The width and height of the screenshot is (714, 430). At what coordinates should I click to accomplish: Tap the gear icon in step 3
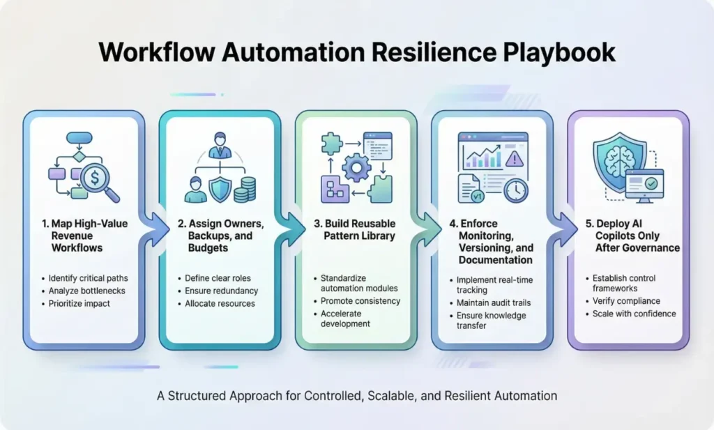[x=357, y=170]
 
